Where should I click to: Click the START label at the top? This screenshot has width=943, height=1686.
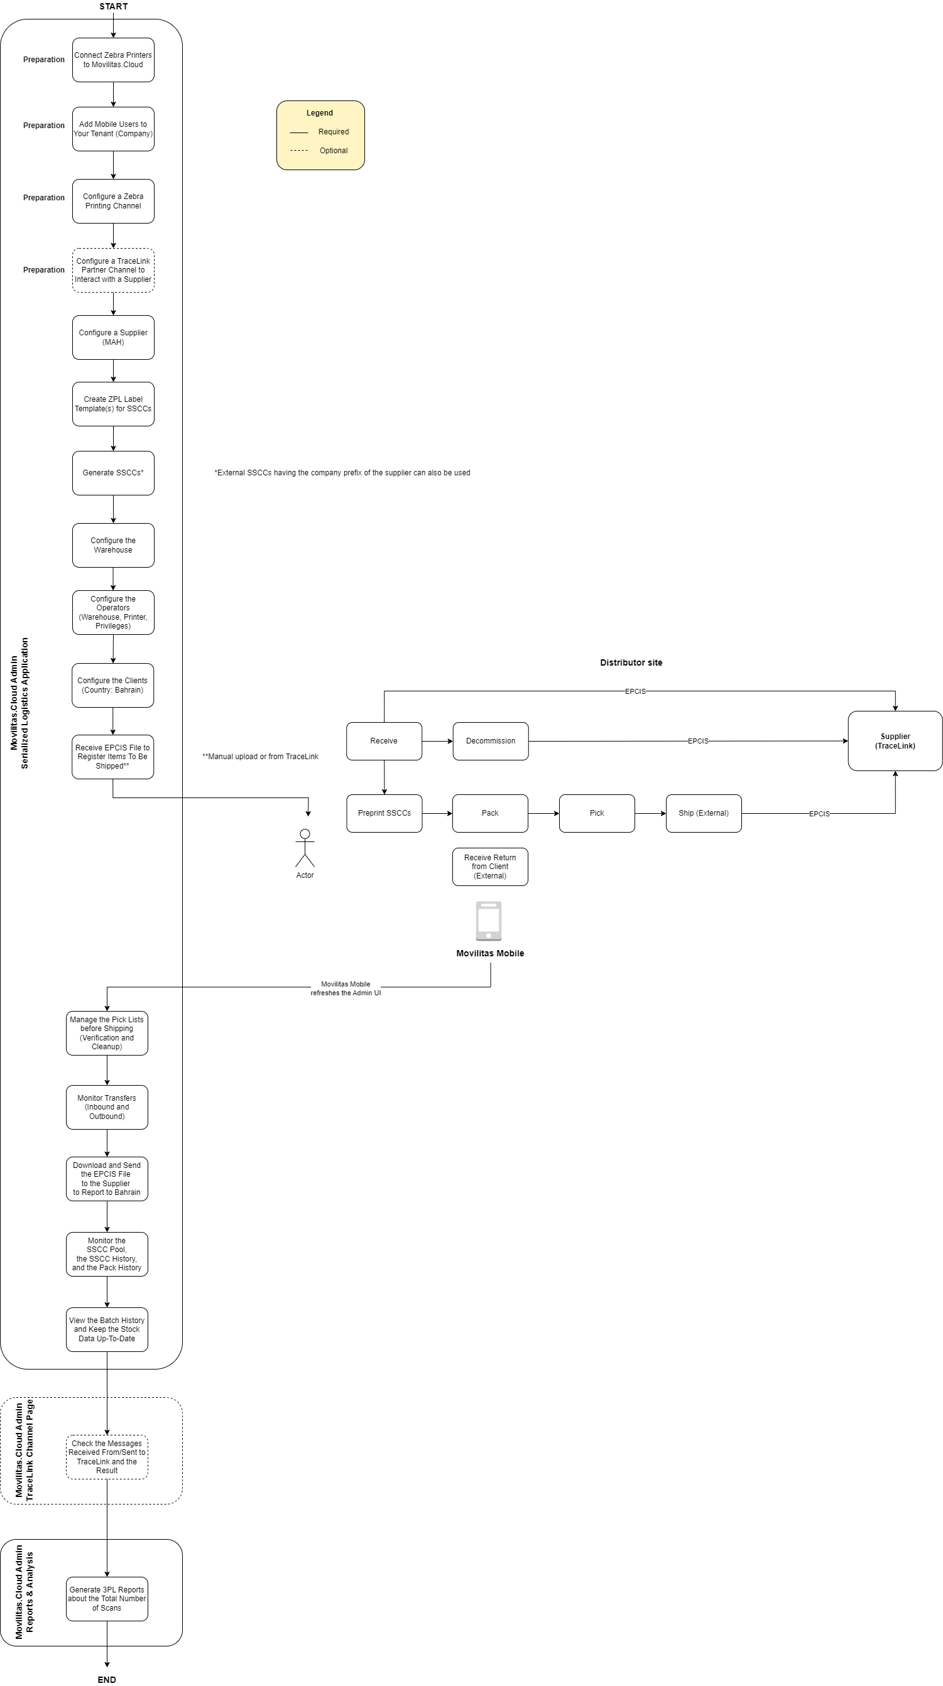[113, 6]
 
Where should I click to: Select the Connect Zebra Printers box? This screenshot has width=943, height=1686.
[113, 60]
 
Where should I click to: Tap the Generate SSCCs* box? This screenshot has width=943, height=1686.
[113, 473]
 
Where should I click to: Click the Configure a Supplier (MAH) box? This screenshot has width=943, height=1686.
[113, 338]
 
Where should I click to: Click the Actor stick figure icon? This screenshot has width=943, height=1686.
[305, 848]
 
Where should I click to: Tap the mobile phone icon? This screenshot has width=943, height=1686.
[489, 921]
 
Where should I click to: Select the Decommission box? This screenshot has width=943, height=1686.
[491, 741]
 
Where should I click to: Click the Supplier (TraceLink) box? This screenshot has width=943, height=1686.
[895, 741]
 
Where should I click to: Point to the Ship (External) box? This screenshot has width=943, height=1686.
[703, 813]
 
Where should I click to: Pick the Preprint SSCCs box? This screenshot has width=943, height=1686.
[384, 813]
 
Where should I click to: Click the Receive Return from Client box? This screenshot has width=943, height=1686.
[490, 867]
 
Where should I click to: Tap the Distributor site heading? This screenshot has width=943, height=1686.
[631, 662]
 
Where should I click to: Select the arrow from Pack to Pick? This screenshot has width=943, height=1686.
[543, 813]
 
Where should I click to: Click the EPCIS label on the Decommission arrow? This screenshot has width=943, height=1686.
[697, 741]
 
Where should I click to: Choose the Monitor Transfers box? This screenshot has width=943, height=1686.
[107, 1108]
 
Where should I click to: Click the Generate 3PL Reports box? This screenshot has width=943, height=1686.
[107, 1598]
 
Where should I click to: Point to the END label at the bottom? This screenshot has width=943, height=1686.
[107, 1680]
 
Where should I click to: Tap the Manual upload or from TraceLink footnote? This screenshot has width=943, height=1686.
[260, 757]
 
